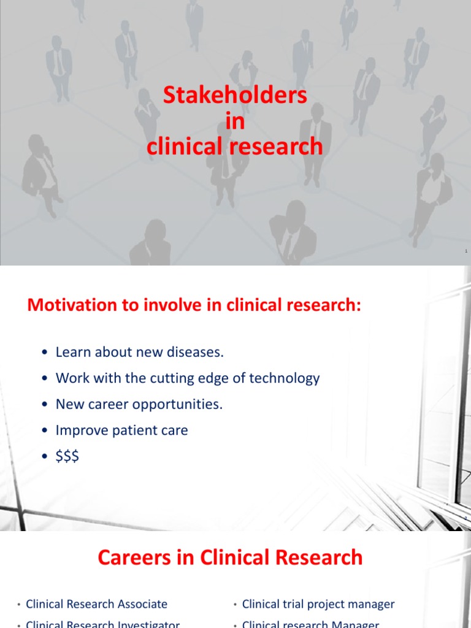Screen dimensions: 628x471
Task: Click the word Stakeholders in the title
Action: pos(235,96)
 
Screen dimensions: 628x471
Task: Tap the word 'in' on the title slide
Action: pos(235,121)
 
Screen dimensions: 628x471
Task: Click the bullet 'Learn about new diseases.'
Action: pos(140,352)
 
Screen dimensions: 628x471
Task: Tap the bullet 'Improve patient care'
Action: pos(121,430)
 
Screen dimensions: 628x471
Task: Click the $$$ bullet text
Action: pos(67,456)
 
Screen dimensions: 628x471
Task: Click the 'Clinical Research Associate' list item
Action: pos(96,604)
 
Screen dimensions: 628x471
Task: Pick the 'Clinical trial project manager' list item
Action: pos(318,604)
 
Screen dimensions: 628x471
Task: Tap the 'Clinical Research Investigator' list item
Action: pos(102,624)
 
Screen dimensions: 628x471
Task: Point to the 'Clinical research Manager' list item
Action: pos(311,624)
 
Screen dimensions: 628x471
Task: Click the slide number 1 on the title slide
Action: pos(466,251)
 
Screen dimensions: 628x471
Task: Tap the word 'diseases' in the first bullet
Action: pos(197,352)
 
